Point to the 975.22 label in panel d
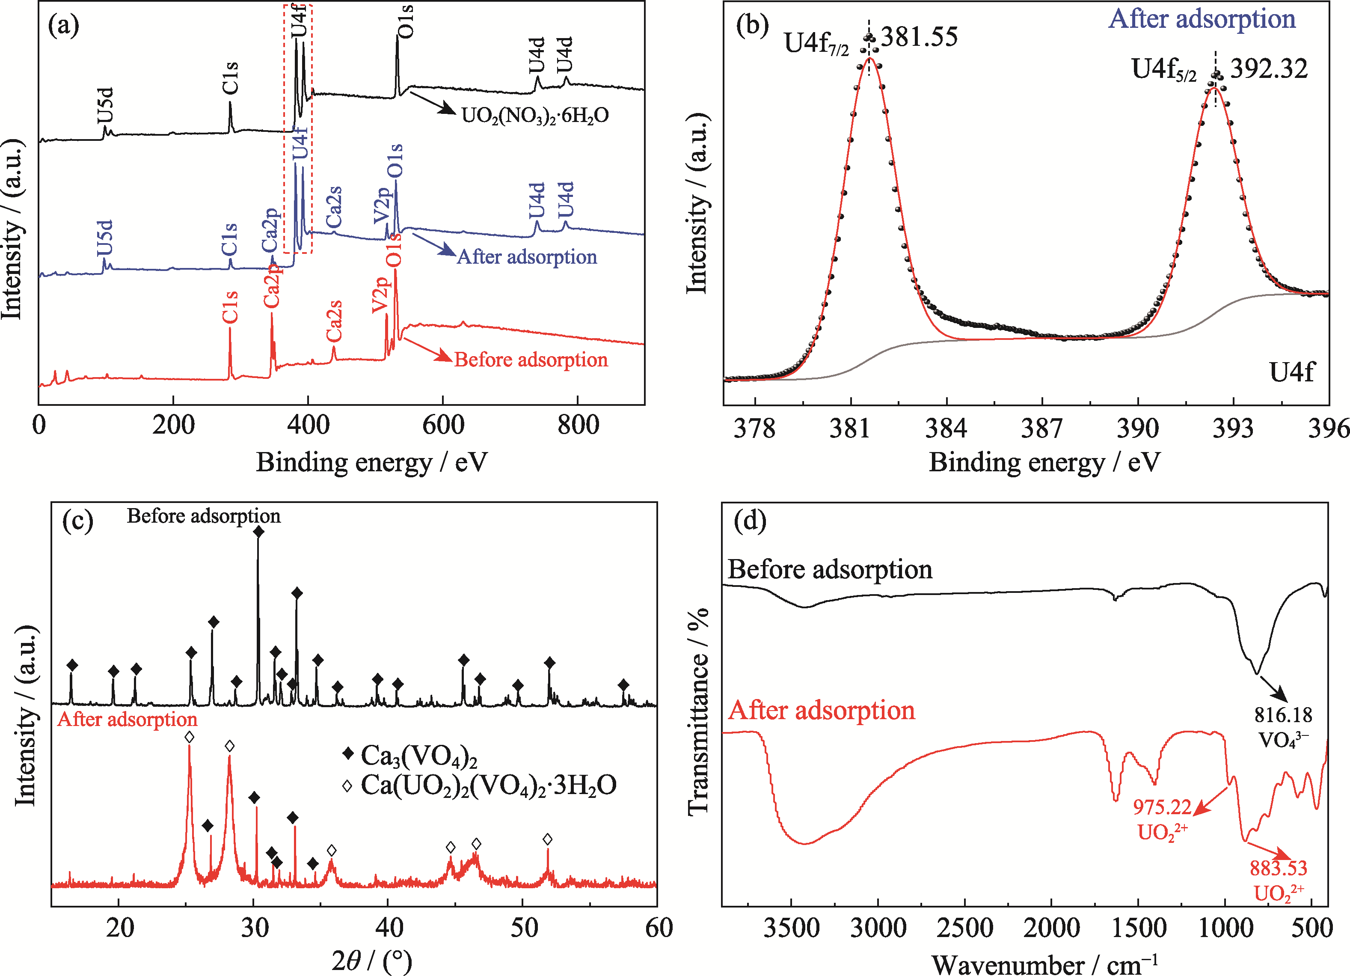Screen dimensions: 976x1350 [x=1162, y=807]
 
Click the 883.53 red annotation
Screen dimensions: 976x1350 [x=1278, y=868]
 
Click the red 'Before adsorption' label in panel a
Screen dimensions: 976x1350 [x=531, y=360]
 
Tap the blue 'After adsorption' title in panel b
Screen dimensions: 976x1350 [x=1202, y=19]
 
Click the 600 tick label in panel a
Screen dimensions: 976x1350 [x=443, y=425]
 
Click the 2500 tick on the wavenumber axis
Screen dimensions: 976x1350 [x=964, y=928]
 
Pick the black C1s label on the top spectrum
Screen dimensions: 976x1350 [x=230, y=78]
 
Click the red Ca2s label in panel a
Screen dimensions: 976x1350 [x=334, y=321]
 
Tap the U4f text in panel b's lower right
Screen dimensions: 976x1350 [x=1291, y=372]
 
